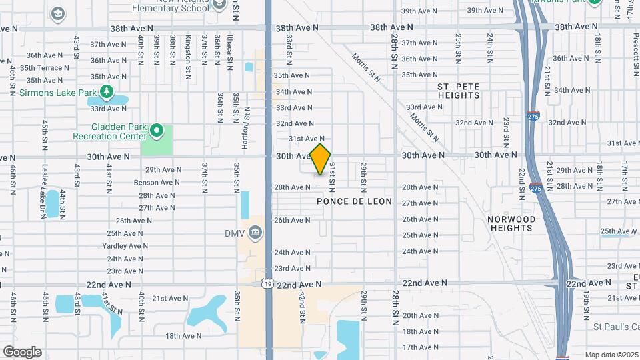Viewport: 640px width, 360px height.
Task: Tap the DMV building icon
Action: (255, 233)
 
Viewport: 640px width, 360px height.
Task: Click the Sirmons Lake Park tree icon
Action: (106, 92)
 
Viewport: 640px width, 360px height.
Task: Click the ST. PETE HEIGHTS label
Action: (459, 91)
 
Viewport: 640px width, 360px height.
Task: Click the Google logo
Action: (22, 352)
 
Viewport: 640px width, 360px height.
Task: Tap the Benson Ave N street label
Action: (157, 182)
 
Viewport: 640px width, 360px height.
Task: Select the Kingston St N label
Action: (188, 50)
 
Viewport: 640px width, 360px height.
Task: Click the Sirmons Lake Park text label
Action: (57, 92)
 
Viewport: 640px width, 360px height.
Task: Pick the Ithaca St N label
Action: (229, 50)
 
